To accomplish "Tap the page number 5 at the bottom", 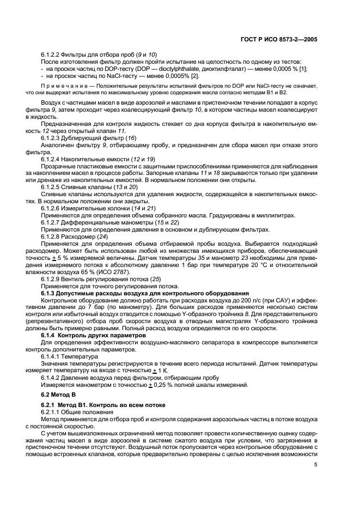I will click(316, 465).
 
